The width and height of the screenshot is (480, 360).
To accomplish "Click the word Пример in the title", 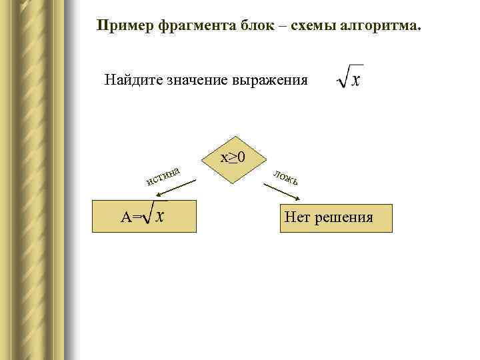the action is [x=125, y=26].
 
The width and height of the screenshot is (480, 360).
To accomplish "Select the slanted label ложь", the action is [x=289, y=177].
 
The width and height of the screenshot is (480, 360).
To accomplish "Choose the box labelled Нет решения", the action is [x=336, y=217].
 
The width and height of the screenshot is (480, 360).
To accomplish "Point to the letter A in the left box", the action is [x=125, y=217].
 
